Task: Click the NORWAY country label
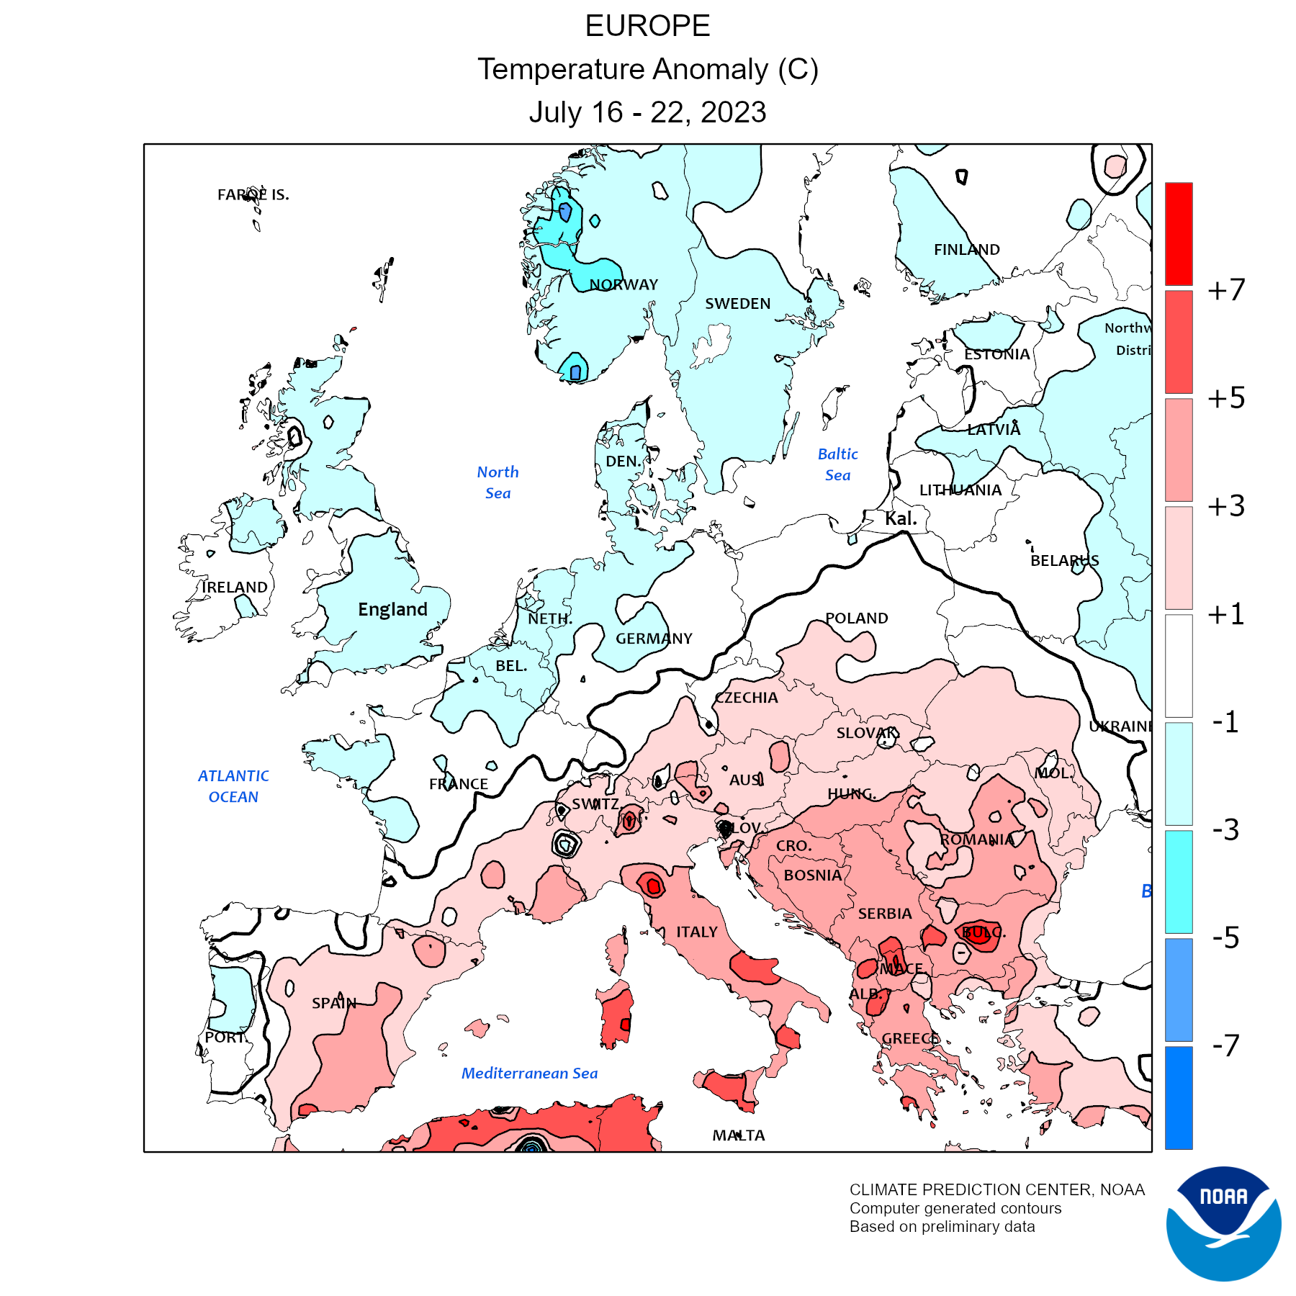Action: coord(624,284)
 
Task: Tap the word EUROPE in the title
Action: coord(647,26)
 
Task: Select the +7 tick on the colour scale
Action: coord(1226,289)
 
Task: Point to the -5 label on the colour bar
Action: coord(1225,937)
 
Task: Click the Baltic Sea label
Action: coord(837,464)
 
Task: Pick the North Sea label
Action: coord(498,482)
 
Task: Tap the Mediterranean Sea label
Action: coord(529,1073)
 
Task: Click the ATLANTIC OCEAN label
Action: coord(233,786)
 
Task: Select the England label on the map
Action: coord(392,609)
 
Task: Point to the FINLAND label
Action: coord(966,250)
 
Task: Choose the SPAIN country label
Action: coord(334,1003)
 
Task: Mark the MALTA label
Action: coord(738,1135)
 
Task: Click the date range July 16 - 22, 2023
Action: coord(647,112)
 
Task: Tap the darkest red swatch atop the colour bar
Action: coord(1179,233)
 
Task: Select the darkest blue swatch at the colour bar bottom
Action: coord(1179,1097)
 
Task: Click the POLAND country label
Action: coord(856,618)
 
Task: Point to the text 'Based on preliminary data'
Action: coord(942,1227)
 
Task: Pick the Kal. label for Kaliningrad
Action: coord(900,518)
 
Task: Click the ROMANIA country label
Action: coord(977,840)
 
